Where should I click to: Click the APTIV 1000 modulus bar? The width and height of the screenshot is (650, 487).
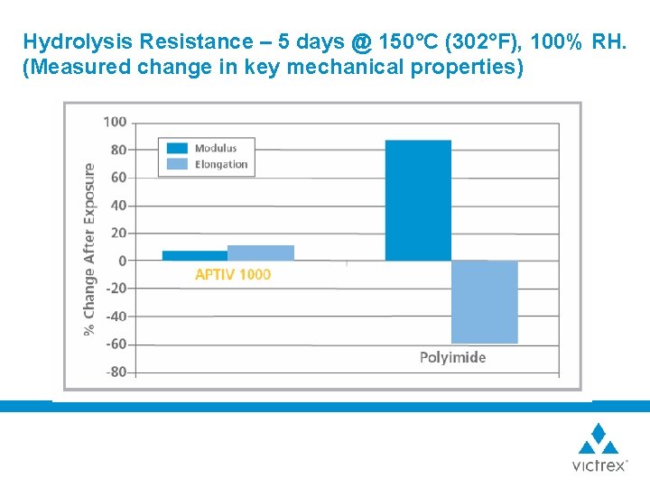coord(195,255)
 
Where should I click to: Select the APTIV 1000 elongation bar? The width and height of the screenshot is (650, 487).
coord(261,253)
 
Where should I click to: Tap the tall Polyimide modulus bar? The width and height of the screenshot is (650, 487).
coord(418,200)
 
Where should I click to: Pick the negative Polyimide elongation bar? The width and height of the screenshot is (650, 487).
coord(485,302)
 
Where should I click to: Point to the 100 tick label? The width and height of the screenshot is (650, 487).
coord(115,122)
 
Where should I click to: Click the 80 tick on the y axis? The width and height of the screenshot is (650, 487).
coord(118,150)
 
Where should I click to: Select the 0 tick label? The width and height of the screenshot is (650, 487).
coord(123,261)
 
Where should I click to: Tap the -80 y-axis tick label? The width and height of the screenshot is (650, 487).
coord(116,372)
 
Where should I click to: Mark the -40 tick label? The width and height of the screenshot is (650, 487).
coord(116,317)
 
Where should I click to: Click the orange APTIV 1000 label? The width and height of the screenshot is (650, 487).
coord(233,275)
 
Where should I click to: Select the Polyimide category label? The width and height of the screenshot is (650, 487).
coord(452,357)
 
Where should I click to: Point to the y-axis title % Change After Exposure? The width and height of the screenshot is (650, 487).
coord(89,249)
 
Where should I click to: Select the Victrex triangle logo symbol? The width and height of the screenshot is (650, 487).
coord(598,439)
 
